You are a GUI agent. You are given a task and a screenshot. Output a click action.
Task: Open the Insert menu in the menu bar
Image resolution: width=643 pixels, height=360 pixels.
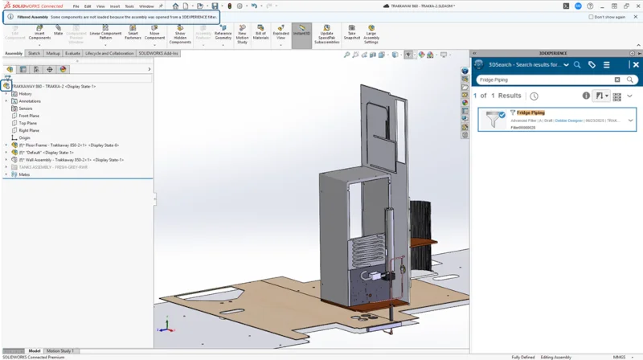click(114, 6)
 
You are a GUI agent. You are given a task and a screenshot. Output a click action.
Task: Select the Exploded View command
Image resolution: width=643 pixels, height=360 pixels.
click(281, 35)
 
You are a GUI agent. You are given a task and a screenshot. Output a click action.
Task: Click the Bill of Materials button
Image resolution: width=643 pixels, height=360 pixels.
click(260, 35)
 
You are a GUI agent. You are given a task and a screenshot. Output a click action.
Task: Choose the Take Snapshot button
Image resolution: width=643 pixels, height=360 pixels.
click(351, 35)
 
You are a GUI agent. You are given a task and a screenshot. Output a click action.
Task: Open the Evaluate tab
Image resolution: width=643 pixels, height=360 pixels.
click(72, 53)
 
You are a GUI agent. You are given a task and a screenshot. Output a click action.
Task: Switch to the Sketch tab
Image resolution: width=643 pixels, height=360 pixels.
click(34, 53)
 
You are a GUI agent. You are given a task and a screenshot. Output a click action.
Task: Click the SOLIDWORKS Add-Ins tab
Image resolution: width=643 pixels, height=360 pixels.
click(159, 53)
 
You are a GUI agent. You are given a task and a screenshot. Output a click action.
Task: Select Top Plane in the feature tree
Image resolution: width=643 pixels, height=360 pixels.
click(29, 123)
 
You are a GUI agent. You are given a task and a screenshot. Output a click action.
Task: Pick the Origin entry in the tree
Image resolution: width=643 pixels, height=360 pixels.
click(24, 137)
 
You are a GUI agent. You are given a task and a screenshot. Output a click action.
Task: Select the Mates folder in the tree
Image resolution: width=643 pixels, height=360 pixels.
click(24, 174)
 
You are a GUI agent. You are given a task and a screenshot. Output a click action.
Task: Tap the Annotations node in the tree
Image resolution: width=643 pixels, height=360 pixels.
click(30, 101)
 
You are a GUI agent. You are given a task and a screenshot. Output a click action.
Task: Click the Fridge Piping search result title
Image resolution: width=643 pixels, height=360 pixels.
click(530, 113)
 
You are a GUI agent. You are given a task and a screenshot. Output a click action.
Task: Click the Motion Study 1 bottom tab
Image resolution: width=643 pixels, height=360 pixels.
click(60, 350)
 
